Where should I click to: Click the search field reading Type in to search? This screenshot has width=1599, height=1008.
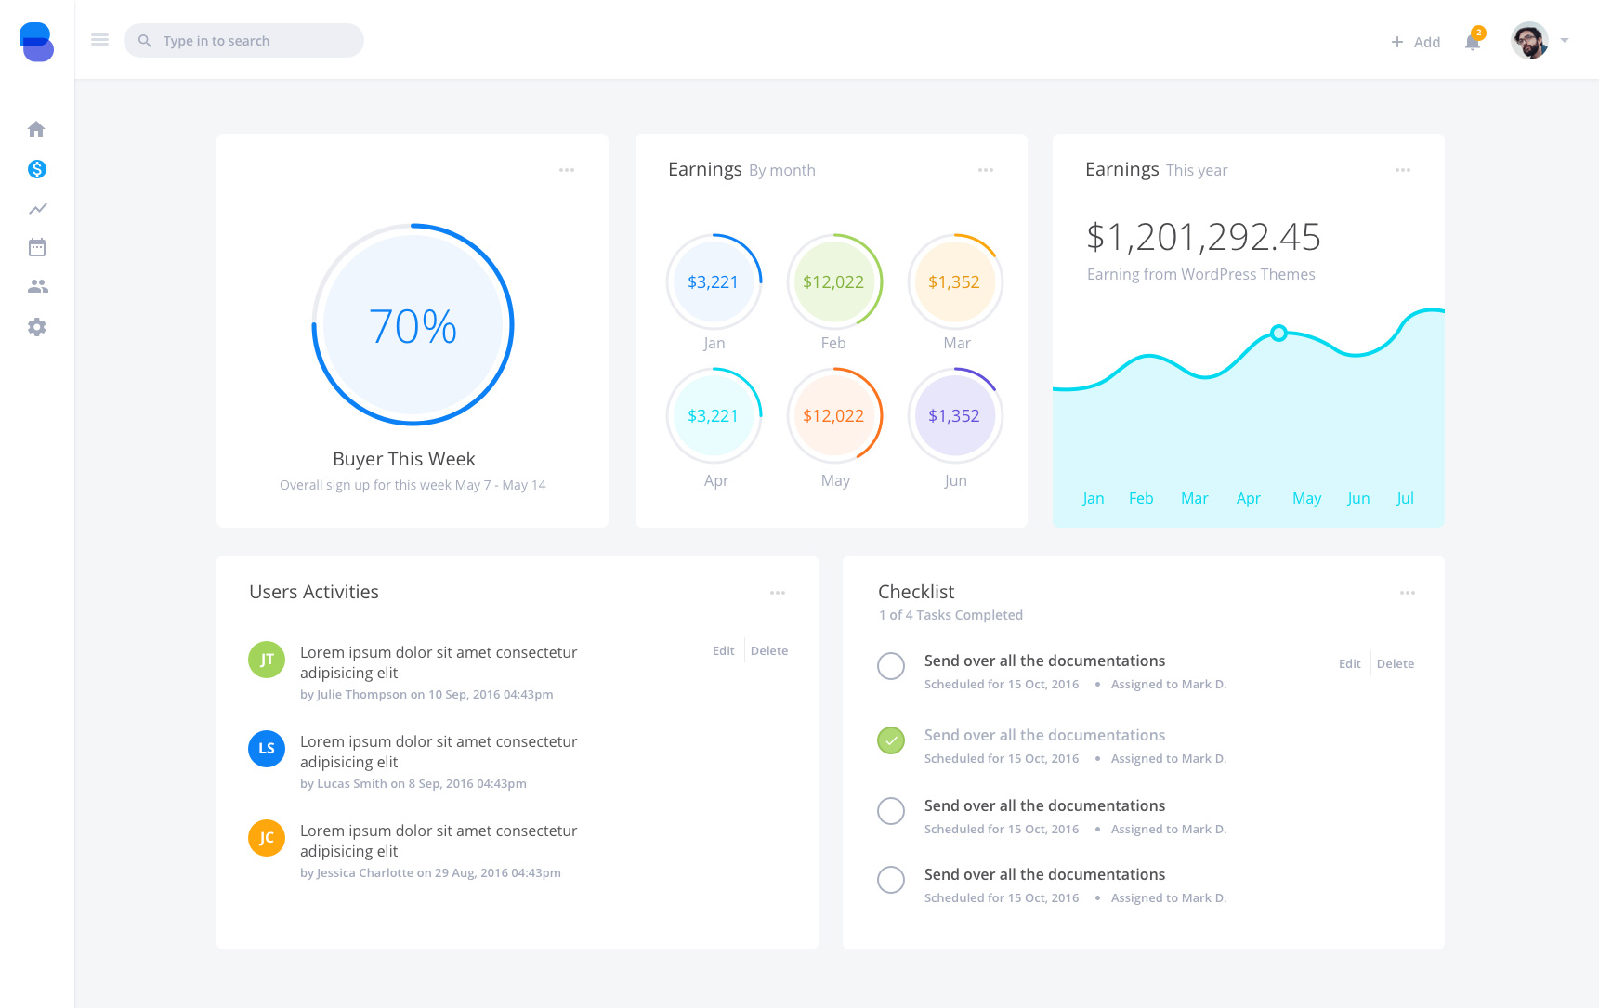tap(243, 41)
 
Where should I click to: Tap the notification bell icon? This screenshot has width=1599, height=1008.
tap(1472, 42)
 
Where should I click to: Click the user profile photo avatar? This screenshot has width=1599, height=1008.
tap(1528, 41)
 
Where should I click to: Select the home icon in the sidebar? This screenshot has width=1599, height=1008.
tap(36, 129)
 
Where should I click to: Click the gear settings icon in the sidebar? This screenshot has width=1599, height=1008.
tap(36, 327)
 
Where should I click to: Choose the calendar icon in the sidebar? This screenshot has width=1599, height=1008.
tap(37, 247)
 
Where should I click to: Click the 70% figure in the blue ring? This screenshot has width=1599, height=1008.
tap(413, 326)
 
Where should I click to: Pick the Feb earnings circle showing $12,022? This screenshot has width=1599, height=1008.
tap(833, 282)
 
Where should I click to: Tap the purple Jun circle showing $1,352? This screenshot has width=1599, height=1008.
tap(954, 416)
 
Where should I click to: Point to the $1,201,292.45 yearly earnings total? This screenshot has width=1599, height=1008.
tap(1203, 237)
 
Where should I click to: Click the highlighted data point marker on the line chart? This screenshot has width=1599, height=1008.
tap(1278, 333)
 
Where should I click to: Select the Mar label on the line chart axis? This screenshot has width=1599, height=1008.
tap(1194, 499)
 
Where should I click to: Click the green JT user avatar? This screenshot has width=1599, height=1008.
tap(267, 660)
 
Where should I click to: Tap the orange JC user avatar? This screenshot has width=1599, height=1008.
tap(267, 838)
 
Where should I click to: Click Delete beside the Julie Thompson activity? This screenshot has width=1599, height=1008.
tap(768, 651)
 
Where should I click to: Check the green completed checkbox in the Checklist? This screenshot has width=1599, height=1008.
tap(891, 740)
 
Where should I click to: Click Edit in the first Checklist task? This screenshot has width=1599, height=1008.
tap(1349, 664)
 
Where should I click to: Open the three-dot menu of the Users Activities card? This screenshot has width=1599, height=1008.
tap(778, 593)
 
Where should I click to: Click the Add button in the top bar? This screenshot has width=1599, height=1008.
tap(1415, 42)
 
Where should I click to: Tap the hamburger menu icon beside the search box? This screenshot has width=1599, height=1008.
tap(99, 40)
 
